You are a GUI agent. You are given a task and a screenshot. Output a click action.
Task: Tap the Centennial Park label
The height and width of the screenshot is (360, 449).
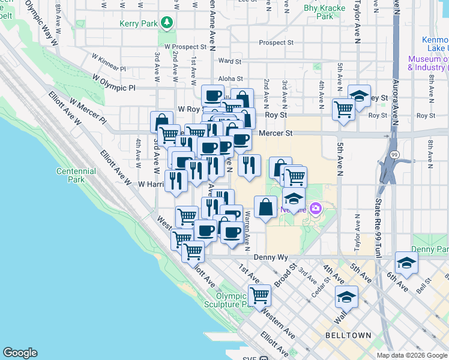click(x=76, y=175)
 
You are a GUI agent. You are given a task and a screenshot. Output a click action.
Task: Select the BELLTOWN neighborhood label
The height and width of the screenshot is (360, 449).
click(x=348, y=335)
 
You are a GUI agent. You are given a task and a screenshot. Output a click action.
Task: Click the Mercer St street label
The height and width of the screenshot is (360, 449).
click(x=276, y=133)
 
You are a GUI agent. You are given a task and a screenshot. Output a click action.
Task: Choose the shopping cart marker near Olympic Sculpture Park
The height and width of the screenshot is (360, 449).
click(x=259, y=295)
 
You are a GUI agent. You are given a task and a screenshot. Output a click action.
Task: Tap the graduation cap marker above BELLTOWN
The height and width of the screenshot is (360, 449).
click(x=346, y=296)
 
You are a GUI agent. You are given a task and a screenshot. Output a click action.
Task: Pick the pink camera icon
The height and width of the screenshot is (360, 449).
click(x=316, y=209)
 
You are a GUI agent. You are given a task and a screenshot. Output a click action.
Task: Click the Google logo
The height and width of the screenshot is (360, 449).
click(x=20, y=353)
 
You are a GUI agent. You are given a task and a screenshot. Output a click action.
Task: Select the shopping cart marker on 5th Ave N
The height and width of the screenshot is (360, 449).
click(x=343, y=109)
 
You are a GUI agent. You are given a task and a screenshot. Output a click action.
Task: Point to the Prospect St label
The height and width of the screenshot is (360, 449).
click(x=276, y=43)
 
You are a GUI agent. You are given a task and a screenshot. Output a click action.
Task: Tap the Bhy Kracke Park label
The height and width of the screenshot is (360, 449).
click(x=324, y=13)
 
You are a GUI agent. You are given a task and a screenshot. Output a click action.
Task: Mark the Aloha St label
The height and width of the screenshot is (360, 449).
click(x=231, y=79)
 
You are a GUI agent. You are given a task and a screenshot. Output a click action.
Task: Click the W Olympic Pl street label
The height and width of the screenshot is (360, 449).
click(x=115, y=83)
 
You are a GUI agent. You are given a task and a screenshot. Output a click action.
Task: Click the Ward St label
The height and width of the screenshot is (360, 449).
click(x=230, y=61)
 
